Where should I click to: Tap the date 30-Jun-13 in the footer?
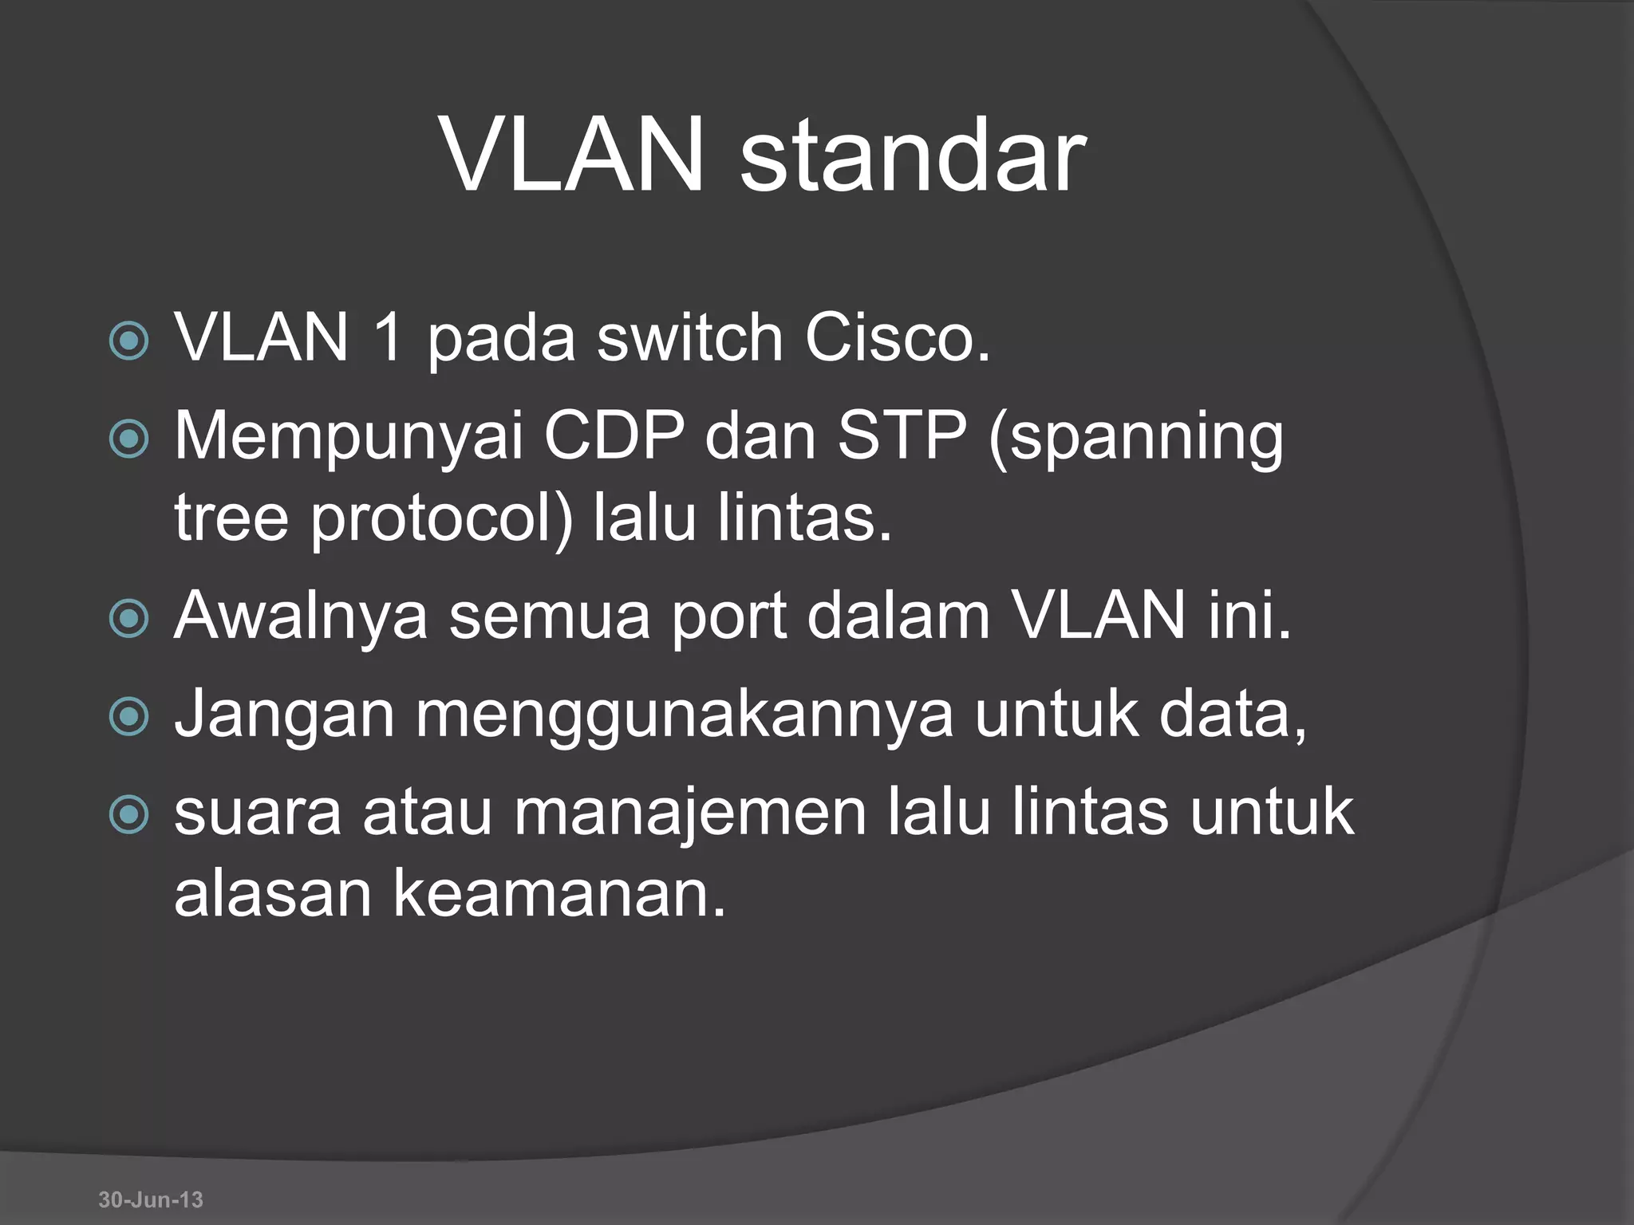151,1199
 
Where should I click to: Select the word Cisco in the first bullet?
897,337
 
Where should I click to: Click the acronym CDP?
614,436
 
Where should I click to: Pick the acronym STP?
902,436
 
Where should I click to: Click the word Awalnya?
301,617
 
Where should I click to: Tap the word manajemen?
689,813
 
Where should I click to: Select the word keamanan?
558,894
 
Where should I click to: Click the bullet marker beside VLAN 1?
128,341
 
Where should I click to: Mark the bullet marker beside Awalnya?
128,619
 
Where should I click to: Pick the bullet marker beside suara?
128,815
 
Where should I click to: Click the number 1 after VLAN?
387,337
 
